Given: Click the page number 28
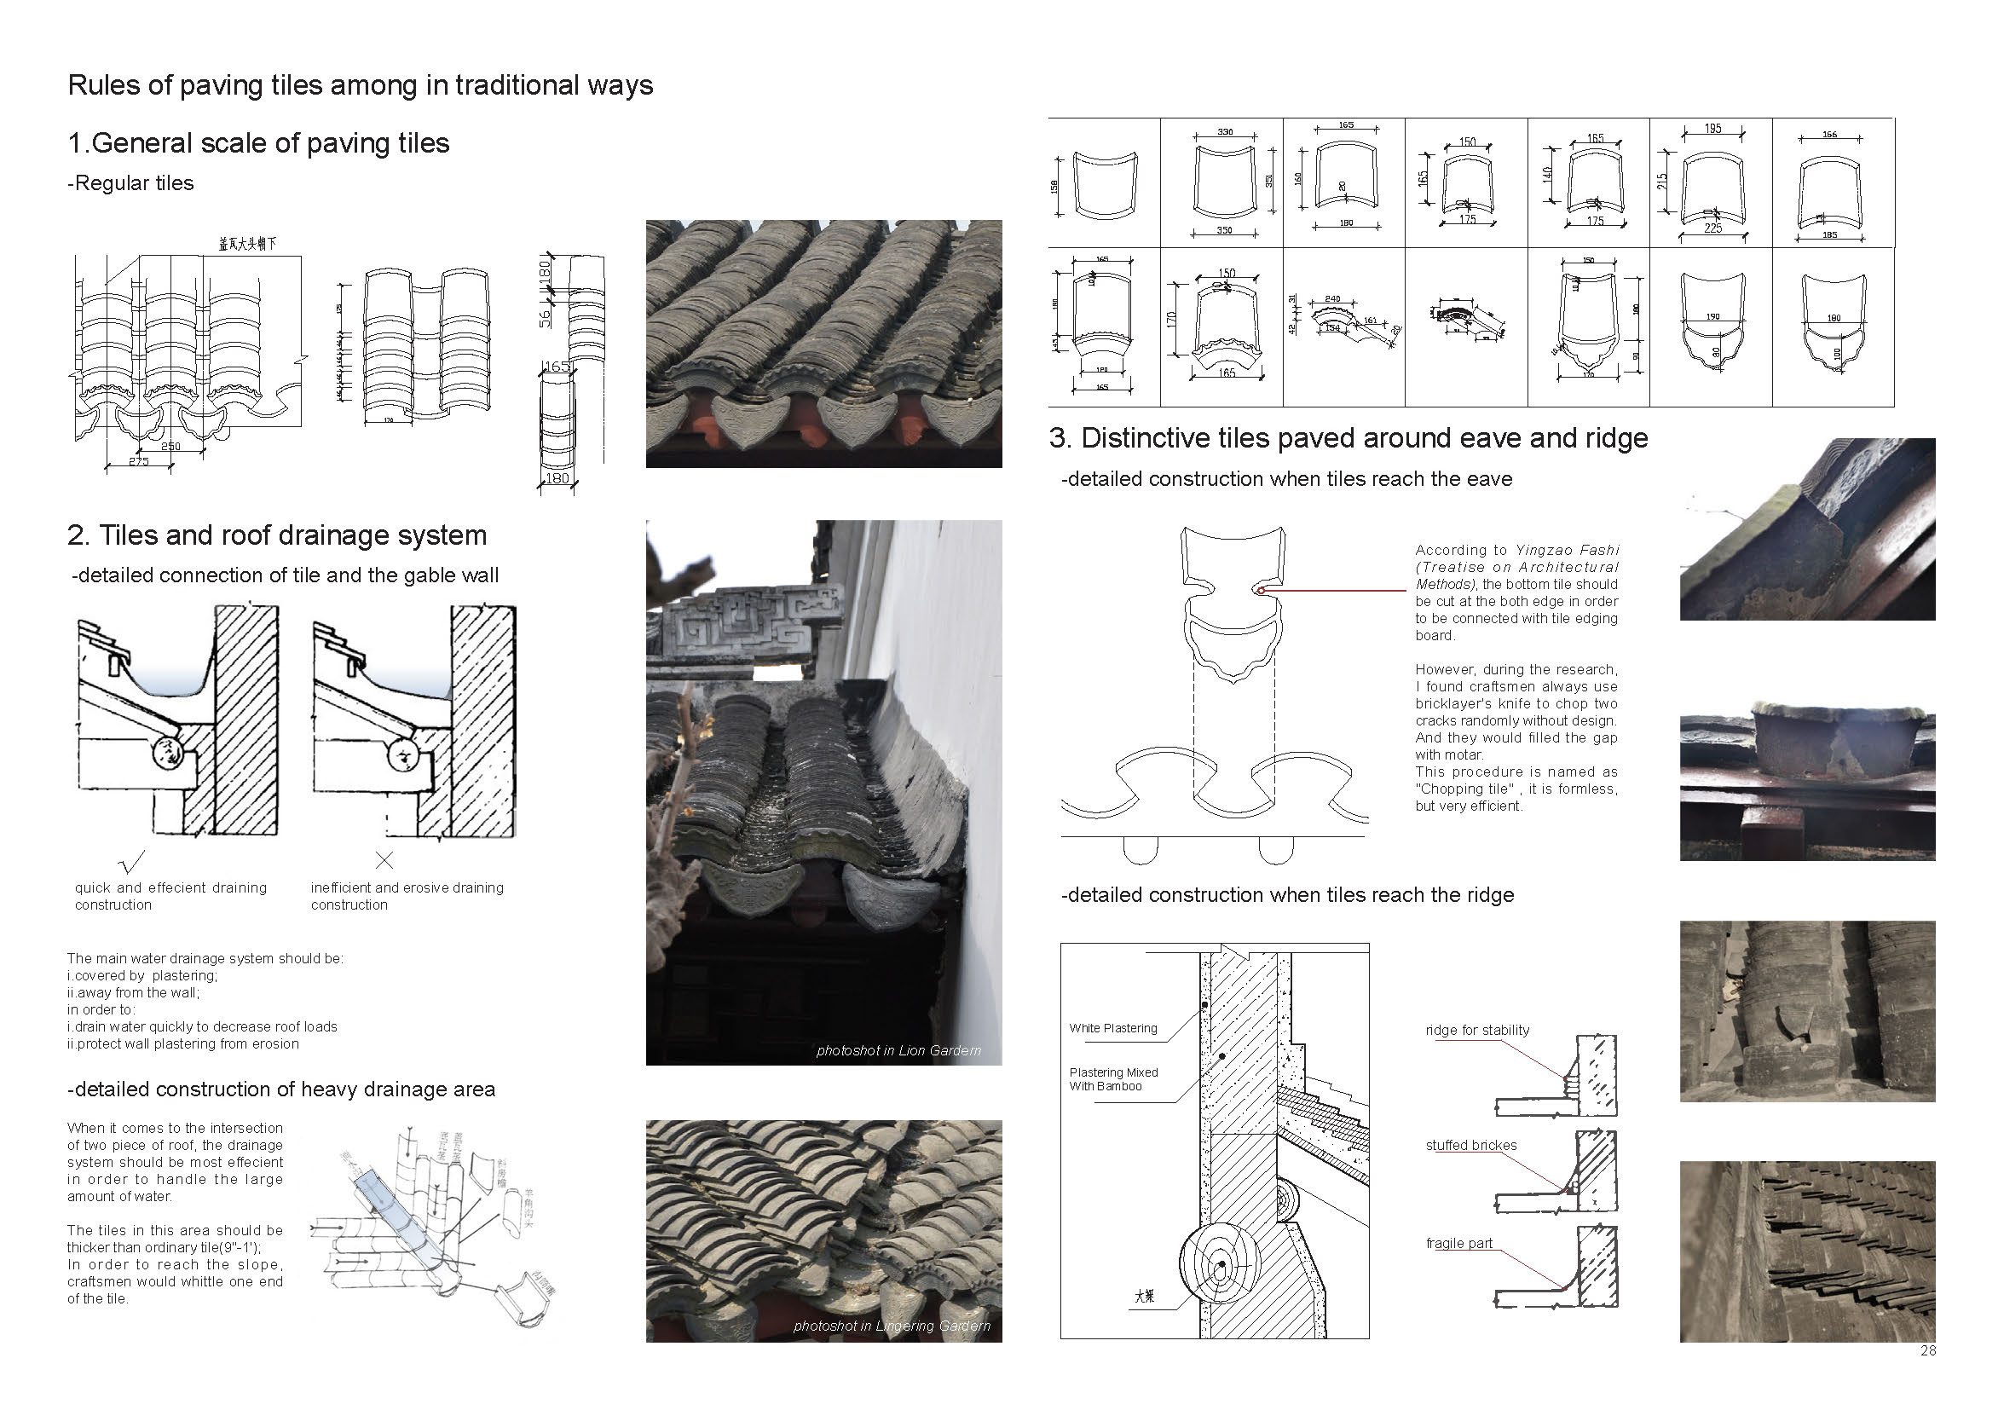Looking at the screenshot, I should [1928, 1350].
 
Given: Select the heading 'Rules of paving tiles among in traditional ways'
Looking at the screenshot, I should [360, 85].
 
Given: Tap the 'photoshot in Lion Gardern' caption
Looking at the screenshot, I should [898, 1050].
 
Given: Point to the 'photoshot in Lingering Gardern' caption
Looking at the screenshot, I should [891, 1326].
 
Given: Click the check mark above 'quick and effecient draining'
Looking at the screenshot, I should [131, 862].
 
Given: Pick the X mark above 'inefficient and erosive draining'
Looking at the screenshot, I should [384, 860].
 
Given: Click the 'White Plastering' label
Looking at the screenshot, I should [1113, 1028].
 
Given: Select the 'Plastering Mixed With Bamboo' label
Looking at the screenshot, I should [1113, 1079].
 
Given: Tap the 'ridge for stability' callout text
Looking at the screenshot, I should [1477, 1030].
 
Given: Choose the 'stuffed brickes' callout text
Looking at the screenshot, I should [1470, 1146].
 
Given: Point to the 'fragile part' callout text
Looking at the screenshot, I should [1458, 1243].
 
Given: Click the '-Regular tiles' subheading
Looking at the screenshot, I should [131, 183].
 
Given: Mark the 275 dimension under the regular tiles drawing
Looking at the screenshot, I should [139, 461].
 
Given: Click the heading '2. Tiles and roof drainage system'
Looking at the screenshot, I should [277, 535].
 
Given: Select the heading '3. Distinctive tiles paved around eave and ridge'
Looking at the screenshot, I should [1349, 438].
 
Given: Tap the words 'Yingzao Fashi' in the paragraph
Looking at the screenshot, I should [1567, 550].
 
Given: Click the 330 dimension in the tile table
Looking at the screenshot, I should [1225, 132].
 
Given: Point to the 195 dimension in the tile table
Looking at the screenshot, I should [1712, 129].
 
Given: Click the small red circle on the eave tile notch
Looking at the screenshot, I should [1261, 591].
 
